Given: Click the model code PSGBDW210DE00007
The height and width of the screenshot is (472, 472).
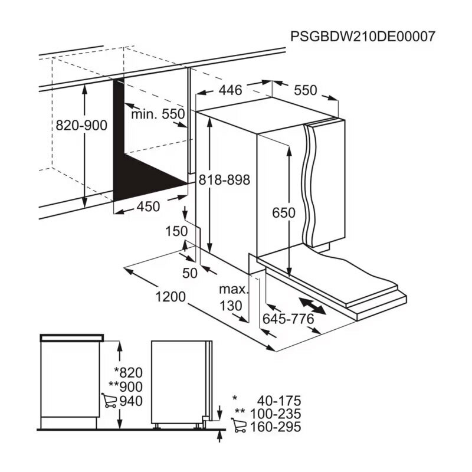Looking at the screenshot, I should point(362,37).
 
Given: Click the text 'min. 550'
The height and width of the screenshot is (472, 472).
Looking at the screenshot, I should point(158,114).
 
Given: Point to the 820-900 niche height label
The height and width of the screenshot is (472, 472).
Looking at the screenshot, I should point(81,126).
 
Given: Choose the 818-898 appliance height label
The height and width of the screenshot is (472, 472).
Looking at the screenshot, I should point(224,181).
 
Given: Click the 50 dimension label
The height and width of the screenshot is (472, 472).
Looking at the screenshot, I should point(190,273).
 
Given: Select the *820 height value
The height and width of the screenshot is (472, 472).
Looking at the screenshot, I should point(129,372).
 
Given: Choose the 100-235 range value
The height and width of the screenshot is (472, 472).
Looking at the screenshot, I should point(276,414).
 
